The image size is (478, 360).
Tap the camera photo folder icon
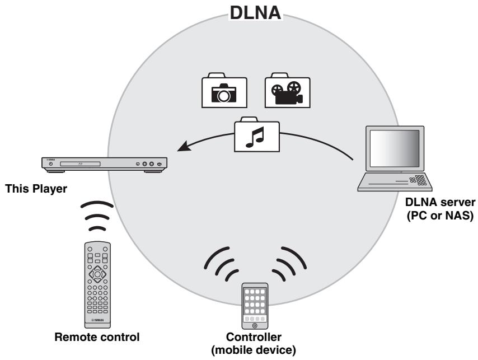point(224,90)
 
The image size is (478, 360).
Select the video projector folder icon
point(287,90)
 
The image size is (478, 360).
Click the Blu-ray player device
point(104,163)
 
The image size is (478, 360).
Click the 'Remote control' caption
point(97,336)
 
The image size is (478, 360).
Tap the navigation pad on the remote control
point(97,274)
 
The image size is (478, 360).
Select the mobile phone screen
point(255,306)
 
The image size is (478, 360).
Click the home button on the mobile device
point(255,326)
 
